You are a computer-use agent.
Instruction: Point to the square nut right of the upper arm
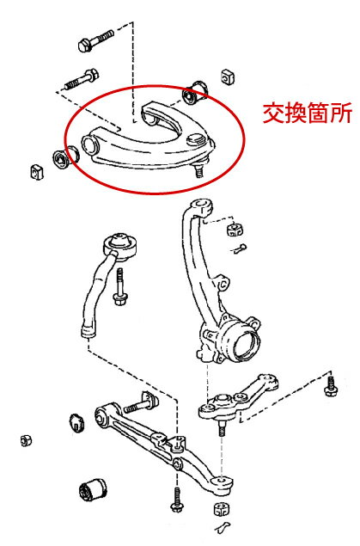(228, 77)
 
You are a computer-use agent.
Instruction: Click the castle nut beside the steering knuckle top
(238, 230)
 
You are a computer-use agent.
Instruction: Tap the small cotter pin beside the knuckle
(241, 250)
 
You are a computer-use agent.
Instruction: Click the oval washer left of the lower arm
(76, 422)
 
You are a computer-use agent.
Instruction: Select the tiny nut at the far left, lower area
(26, 441)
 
